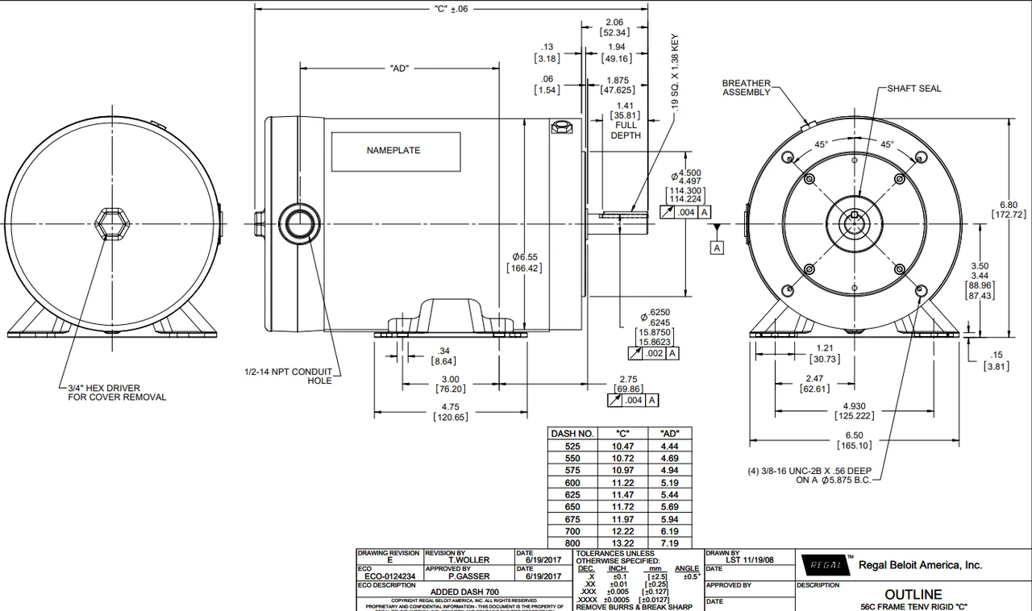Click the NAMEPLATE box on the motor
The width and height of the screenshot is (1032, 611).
393,152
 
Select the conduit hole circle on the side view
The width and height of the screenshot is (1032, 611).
300,222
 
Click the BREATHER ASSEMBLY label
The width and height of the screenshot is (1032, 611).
746,87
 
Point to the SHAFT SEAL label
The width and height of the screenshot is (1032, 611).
913,89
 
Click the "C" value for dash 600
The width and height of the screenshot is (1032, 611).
623,482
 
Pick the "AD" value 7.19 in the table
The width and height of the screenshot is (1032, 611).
669,545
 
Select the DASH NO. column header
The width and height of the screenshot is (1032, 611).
572,433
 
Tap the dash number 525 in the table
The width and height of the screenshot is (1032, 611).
572,445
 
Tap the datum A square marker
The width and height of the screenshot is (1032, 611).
717,247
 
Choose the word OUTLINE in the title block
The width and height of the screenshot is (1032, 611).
913,595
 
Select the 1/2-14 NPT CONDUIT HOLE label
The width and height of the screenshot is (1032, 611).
288,376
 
